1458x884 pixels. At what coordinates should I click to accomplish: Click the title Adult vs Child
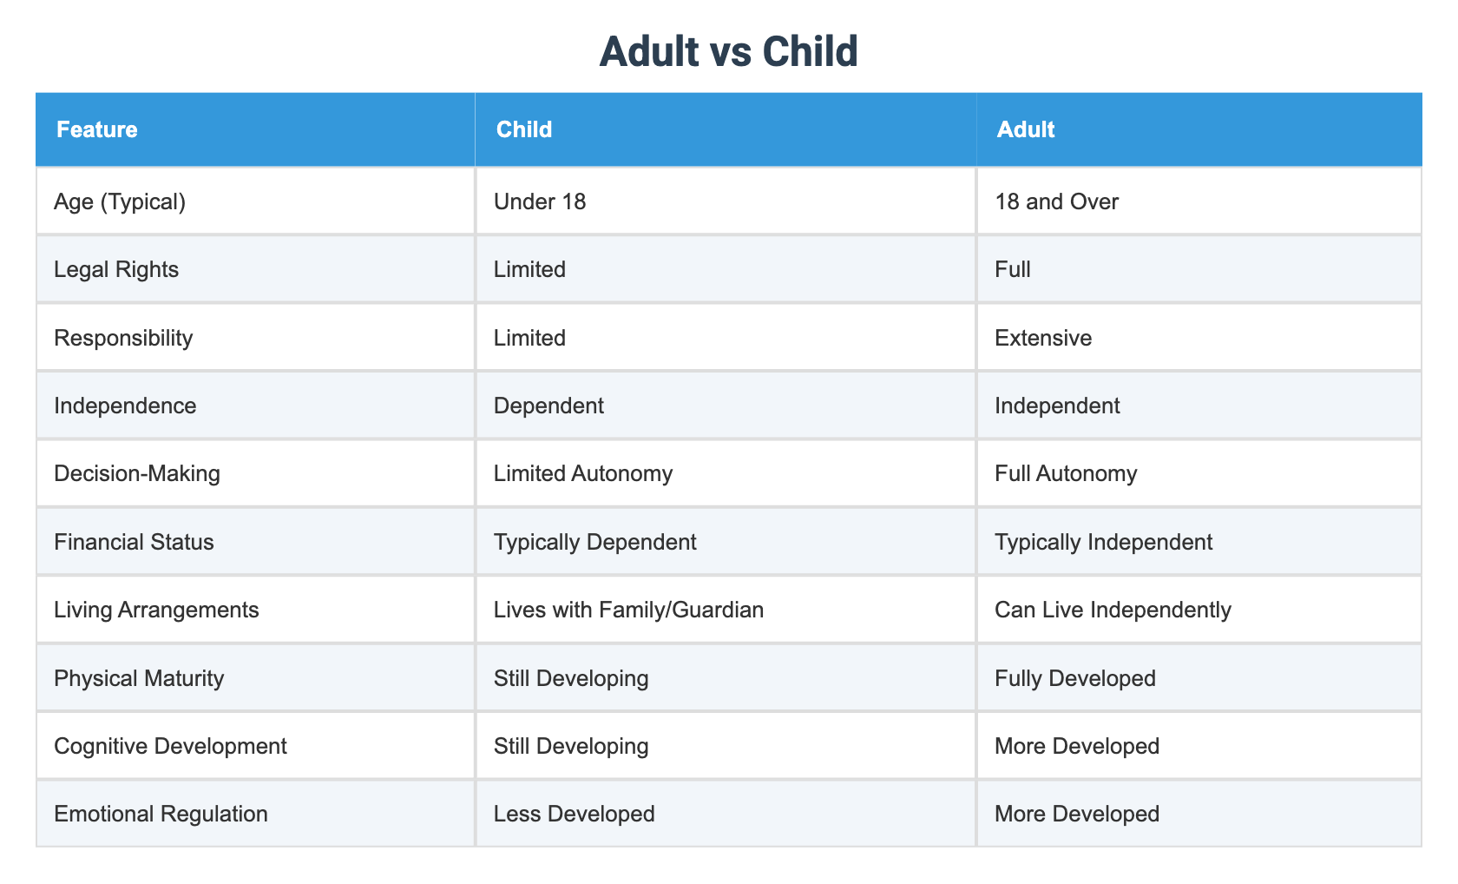[728, 52]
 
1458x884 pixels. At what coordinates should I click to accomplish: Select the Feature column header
[96, 130]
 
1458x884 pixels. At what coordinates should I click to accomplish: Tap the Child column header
[523, 130]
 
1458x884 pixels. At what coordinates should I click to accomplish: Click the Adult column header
[1026, 130]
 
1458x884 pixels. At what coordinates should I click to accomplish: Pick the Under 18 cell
[540, 202]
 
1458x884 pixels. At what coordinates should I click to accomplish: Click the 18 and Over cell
[1057, 202]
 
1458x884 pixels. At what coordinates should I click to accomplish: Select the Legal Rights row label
[116, 270]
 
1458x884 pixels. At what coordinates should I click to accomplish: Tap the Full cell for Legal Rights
[1013, 270]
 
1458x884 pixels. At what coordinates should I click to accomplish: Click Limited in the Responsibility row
[529, 338]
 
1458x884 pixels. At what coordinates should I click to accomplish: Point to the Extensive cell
[1043, 338]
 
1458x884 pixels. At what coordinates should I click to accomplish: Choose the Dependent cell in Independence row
[548, 406]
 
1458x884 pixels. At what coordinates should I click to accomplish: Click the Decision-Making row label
[137, 474]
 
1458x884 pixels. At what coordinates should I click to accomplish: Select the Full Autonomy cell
[1066, 474]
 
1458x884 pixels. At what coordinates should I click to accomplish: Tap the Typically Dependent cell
[594, 543]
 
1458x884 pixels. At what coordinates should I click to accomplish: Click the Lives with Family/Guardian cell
[628, 610]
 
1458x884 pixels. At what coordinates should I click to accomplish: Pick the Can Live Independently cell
[1113, 610]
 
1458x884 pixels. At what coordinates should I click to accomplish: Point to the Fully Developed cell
[1075, 678]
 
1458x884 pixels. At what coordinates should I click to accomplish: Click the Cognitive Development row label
[170, 746]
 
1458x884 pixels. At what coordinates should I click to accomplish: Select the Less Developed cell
[574, 814]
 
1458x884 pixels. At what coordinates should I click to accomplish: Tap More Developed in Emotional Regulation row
[1077, 814]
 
